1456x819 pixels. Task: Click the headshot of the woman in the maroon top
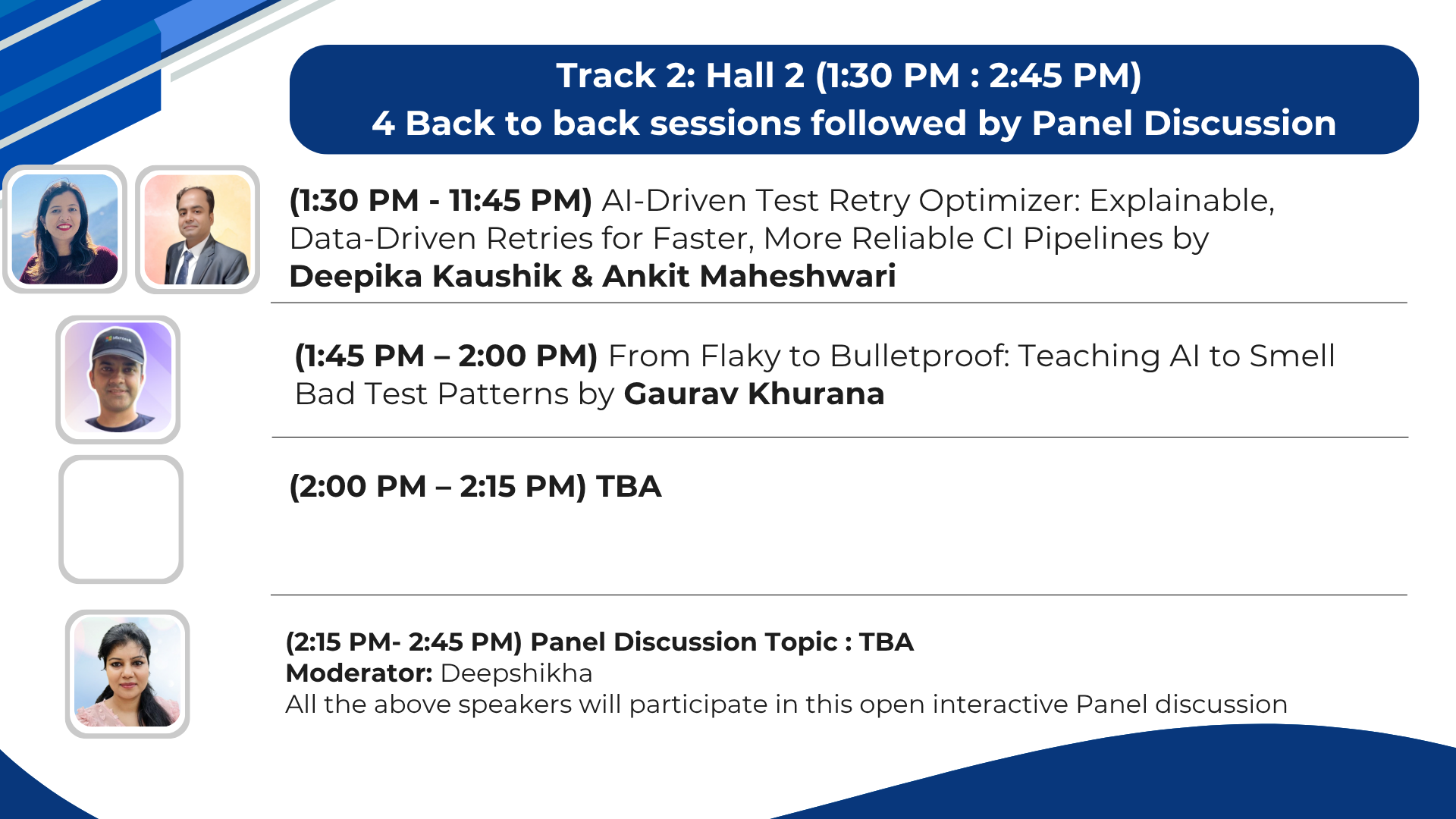click(65, 229)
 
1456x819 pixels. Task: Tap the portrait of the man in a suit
click(198, 229)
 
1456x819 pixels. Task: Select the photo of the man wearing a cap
click(118, 378)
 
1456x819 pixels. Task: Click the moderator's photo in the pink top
click(127, 672)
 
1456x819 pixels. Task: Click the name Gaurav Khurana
click(754, 394)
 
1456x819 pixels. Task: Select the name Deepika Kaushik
click(425, 276)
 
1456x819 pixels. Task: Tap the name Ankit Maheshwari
click(749, 276)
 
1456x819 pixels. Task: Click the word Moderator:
click(359, 673)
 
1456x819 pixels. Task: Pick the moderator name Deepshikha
click(516, 673)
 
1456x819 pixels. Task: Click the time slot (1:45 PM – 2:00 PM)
click(446, 356)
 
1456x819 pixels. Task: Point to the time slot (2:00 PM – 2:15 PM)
click(438, 487)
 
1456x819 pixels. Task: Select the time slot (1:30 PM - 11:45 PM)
click(441, 200)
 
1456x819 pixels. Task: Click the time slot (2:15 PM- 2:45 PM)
click(404, 642)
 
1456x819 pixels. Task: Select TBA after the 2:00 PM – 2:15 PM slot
click(629, 487)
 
